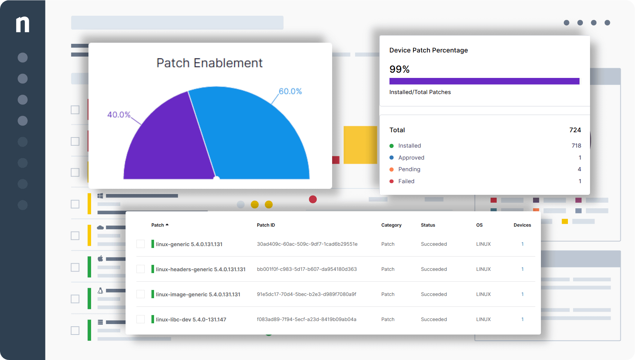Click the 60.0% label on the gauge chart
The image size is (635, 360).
pos(290,91)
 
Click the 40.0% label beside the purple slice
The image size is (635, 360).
pos(119,114)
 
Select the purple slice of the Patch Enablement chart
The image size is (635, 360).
pos(167,142)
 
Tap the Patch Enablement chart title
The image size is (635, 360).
pos(210,63)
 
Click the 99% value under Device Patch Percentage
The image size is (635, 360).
pos(400,69)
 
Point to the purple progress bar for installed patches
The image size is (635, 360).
pos(484,81)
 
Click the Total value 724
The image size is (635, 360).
pos(575,130)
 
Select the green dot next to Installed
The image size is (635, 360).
pos(391,146)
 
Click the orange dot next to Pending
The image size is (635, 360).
pos(391,169)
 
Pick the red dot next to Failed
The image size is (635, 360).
pos(391,181)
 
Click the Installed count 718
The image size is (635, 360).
pos(576,146)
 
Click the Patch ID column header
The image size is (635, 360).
pos(266,225)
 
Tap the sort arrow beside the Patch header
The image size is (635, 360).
pos(167,225)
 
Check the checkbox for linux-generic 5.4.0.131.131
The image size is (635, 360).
pos(141,244)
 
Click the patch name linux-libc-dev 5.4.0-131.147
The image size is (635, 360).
pos(191,320)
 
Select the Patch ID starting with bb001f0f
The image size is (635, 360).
pos(307,269)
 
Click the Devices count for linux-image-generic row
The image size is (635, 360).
pos(523,294)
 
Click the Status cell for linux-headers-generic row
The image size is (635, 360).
pos(434,269)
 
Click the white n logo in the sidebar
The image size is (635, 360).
pos(22,24)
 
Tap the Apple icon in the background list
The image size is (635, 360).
pos(100,258)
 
